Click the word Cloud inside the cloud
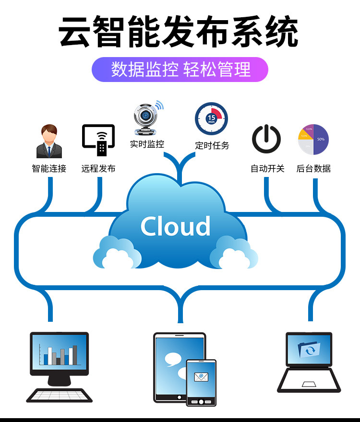(x=176, y=226)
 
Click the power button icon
(x=266, y=139)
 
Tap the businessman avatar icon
(x=49, y=141)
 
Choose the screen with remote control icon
(x=98, y=140)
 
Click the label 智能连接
(x=49, y=169)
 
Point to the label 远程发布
(x=98, y=169)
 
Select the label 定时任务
(x=212, y=145)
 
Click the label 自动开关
(x=267, y=169)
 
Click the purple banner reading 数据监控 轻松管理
(x=180, y=70)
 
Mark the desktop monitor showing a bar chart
(x=60, y=354)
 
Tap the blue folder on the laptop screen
(x=309, y=349)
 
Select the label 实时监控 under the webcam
(x=147, y=143)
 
